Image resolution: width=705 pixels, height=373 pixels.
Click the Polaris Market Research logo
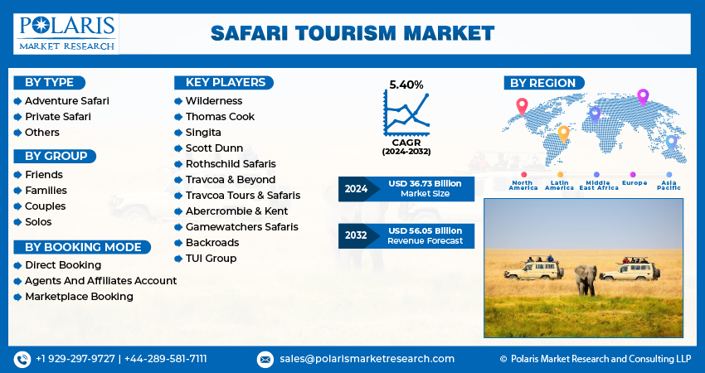[67, 33]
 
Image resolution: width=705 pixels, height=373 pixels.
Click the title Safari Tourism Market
[352, 33]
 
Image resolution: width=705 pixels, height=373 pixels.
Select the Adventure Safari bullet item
[66, 101]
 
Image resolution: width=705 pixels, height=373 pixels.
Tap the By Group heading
[56, 156]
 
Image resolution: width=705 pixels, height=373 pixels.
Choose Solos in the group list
[38, 222]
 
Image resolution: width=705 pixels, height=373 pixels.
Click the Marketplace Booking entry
[79, 297]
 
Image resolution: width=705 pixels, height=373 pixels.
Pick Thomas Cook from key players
[220, 117]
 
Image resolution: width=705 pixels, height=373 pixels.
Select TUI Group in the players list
[211, 259]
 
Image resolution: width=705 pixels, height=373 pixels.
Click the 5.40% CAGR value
[406, 85]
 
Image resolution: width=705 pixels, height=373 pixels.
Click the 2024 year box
[357, 189]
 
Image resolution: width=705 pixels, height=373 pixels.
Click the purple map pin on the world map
[642, 96]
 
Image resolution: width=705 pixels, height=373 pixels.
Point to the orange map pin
[563, 133]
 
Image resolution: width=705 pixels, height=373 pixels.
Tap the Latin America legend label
[559, 185]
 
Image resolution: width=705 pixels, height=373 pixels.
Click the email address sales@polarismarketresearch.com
[366, 359]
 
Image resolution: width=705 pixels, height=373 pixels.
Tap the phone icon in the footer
[22, 359]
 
